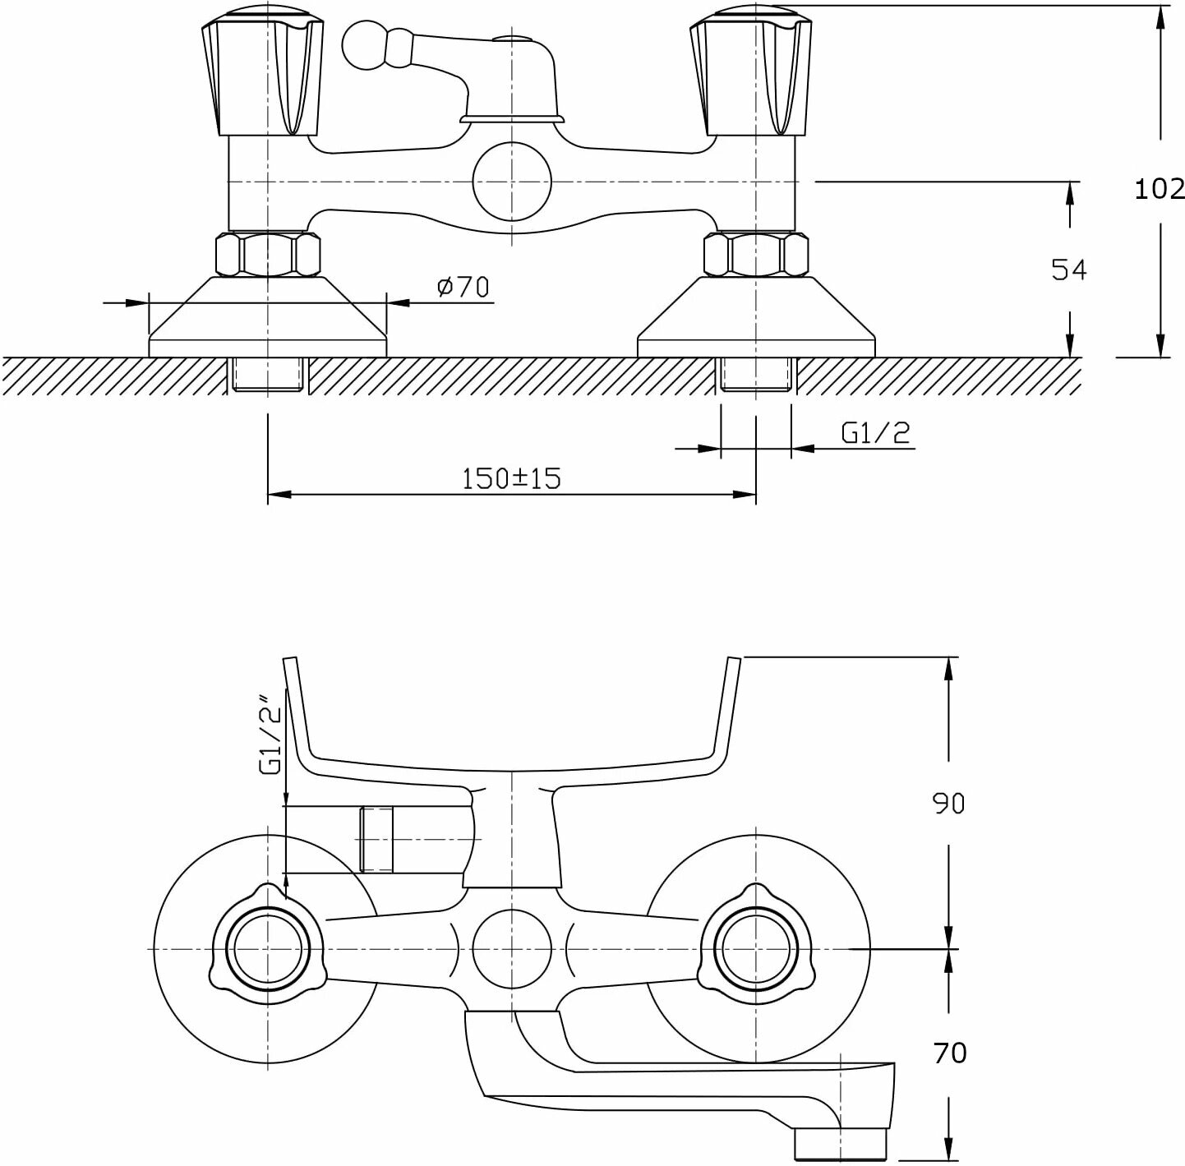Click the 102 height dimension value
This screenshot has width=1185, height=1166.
click(1160, 189)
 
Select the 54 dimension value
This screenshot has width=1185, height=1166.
click(1068, 270)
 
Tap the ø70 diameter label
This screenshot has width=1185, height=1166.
click(463, 287)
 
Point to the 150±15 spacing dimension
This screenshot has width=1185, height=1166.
click(510, 478)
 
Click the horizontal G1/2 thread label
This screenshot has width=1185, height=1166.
click(876, 432)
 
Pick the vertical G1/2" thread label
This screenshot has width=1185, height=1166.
click(270, 738)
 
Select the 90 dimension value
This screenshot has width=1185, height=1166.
click(948, 803)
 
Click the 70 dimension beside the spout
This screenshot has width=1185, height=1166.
click(949, 1053)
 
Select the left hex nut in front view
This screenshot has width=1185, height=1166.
click(267, 255)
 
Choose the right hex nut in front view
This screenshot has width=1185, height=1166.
click(755, 255)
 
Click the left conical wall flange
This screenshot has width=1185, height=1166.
click(267, 316)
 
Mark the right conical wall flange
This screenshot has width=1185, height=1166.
click(756, 316)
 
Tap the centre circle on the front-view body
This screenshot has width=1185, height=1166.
click(511, 182)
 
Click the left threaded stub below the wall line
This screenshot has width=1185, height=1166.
click(267, 374)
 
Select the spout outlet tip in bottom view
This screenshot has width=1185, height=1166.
click(841, 1143)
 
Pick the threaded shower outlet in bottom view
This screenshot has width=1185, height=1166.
click(376, 839)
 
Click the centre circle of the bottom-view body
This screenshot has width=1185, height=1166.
click(511, 948)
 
